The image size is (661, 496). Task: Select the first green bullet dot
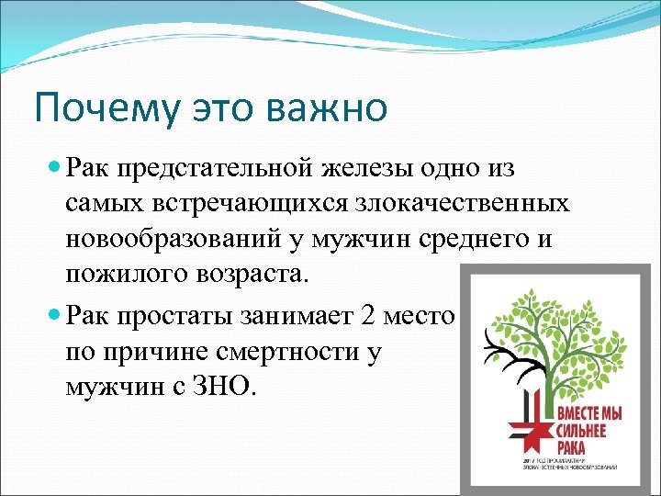[53, 167]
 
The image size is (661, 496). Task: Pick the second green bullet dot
[53, 316]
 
